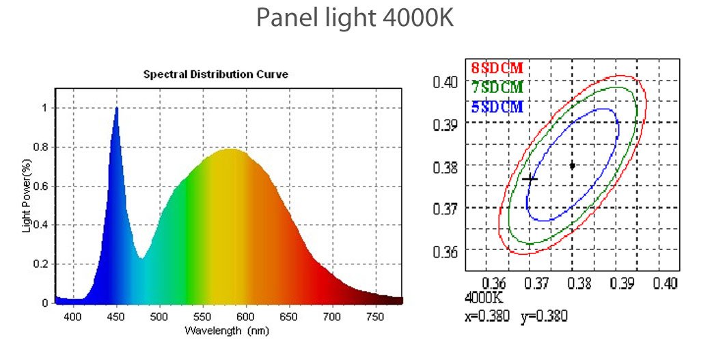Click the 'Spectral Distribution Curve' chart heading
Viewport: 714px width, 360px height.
215,74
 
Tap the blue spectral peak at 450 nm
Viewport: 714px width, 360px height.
117,109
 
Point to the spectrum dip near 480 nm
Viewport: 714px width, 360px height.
141,257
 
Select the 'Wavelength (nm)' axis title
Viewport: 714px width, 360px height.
226,331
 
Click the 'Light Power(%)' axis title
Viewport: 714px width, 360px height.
27,197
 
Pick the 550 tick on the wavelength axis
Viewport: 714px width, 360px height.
203,316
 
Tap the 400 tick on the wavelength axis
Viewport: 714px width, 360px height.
73,316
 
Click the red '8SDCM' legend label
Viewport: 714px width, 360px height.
497,69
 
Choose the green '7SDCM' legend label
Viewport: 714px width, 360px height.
497,87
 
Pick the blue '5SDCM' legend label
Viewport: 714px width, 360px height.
497,107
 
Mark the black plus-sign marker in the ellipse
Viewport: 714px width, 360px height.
530,178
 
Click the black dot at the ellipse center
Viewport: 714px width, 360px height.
572,165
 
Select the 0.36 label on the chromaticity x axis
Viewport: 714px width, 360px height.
495,283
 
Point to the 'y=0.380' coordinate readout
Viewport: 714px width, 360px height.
544,316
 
